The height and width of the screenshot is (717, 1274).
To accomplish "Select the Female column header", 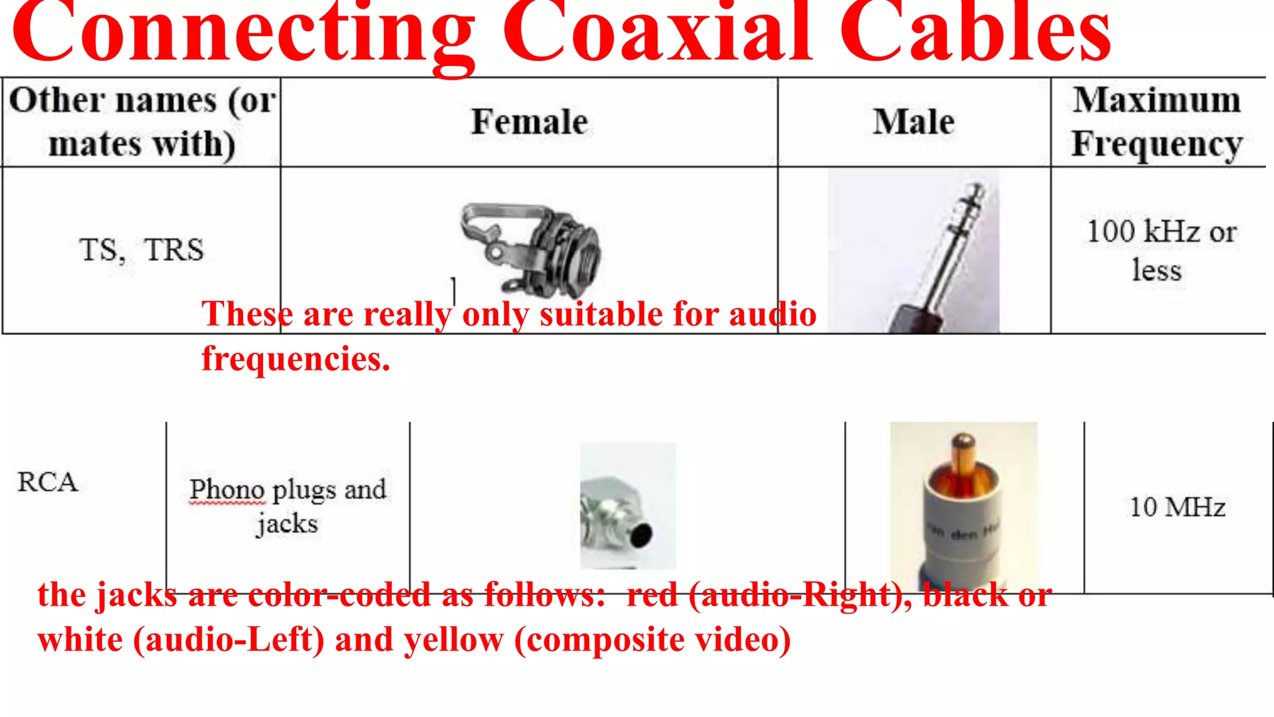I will pyautogui.click(x=529, y=121).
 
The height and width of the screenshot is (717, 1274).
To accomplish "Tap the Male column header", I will pyautogui.click(x=913, y=121).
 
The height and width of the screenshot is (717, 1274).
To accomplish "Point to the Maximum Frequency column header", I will pyautogui.click(x=1157, y=121).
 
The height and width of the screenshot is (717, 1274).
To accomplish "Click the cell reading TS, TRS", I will pyautogui.click(x=142, y=250).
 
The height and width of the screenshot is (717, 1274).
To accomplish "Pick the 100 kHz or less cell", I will pyautogui.click(x=1161, y=250).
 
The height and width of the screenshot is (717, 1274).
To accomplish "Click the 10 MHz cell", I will pyautogui.click(x=1177, y=507).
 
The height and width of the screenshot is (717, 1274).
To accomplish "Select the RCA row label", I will pyautogui.click(x=47, y=482).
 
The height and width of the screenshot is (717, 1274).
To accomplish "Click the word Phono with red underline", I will pyautogui.click(x=228, y=490).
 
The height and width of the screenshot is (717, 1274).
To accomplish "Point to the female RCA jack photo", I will pyautogui.click(x=627, y=505).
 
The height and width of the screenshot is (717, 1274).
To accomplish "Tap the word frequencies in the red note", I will pyautogui.click(x=295, y=359).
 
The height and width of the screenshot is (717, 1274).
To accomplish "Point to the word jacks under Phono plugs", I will pyautogui.click(x=287, y=524).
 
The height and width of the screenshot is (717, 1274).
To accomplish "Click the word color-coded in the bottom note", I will pyautogui.click(x=339, y=595).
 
